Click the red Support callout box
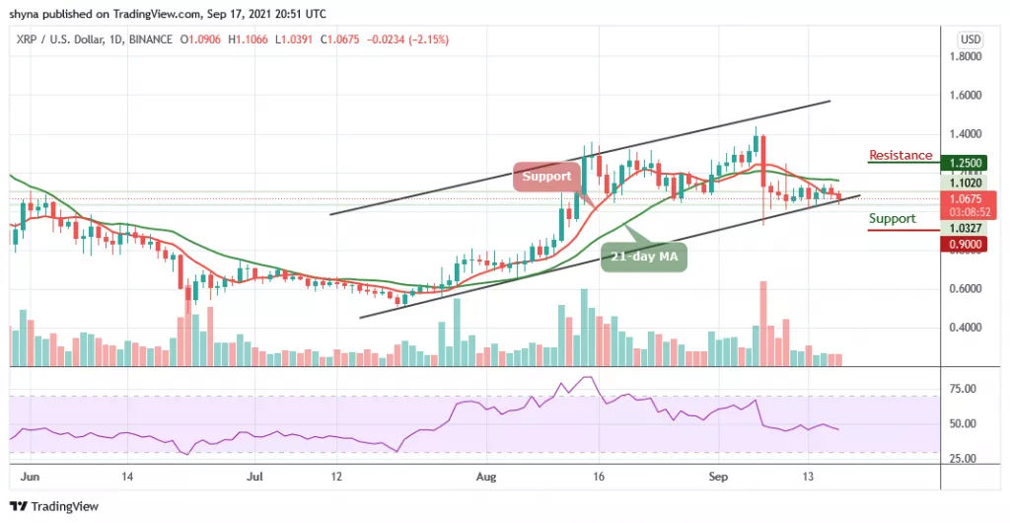coord(546,177)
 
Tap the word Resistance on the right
coord(900,155)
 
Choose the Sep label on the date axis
coord(717,476)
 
